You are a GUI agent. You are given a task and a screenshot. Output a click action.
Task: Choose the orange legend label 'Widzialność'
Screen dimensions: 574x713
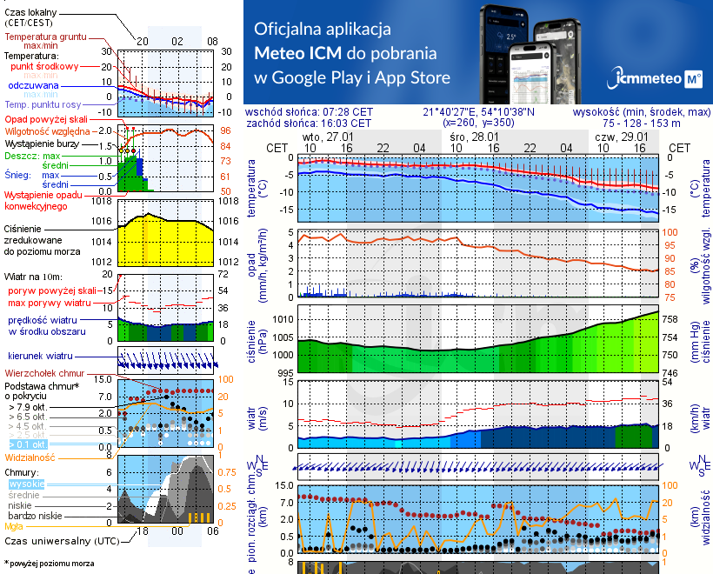[30, 457]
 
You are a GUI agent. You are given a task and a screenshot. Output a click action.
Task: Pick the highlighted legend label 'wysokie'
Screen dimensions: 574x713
[27, 484]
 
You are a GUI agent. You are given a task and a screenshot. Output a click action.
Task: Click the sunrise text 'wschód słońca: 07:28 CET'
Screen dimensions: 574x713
[309, 112]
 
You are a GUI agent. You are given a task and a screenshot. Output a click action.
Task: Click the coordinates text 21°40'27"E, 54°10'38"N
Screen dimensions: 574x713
[479, 112]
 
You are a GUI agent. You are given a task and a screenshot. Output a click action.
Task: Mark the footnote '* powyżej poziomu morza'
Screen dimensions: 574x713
[49, 563]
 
